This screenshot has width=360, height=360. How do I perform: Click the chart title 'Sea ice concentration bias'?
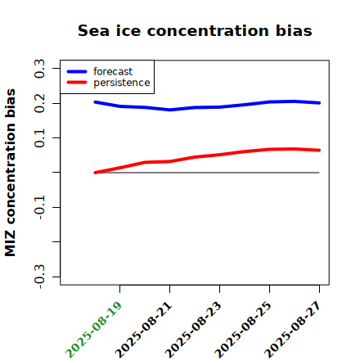tap(195, 30)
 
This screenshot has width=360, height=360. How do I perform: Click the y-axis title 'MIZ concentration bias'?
tap(10, 173)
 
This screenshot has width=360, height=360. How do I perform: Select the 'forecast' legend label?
tap(113, 71)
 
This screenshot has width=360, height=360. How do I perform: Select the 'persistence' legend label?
tap(122, 83)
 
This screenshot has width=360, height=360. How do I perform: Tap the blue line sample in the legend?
tap(77, 71)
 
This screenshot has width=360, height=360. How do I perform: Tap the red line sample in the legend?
tap(77, 83)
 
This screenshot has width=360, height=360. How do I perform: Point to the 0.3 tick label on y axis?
tap(40, 68)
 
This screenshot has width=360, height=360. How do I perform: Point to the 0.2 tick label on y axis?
tap(40, 103)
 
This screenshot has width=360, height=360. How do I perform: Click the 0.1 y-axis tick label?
tap(40, 138)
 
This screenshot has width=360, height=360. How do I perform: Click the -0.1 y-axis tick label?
tap(40, 207)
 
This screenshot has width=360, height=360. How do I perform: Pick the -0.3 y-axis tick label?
tap(40, 277)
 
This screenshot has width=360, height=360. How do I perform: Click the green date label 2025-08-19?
tap(93, 330)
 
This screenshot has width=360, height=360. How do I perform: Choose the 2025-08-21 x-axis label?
tap(143, 330)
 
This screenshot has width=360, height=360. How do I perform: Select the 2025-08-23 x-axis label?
tap(193, 330)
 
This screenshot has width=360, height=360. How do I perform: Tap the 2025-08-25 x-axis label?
tap(243, 330)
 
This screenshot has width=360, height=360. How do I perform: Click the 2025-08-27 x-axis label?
tap(293, 330)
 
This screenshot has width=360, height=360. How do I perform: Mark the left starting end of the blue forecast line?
tap(95, 102)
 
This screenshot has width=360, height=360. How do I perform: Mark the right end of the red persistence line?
tap(319, 151)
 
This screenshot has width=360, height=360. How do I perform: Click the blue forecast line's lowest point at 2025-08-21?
tap(170, 110)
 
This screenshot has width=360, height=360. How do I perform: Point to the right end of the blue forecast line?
tap(319, 103)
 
